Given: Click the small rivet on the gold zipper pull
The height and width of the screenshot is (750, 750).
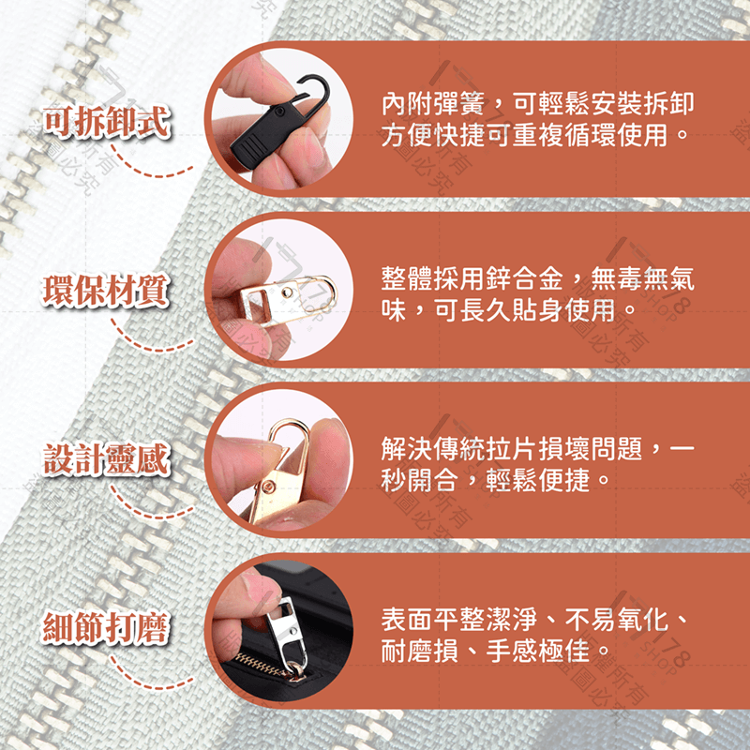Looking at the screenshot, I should click(x=270, y=486).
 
